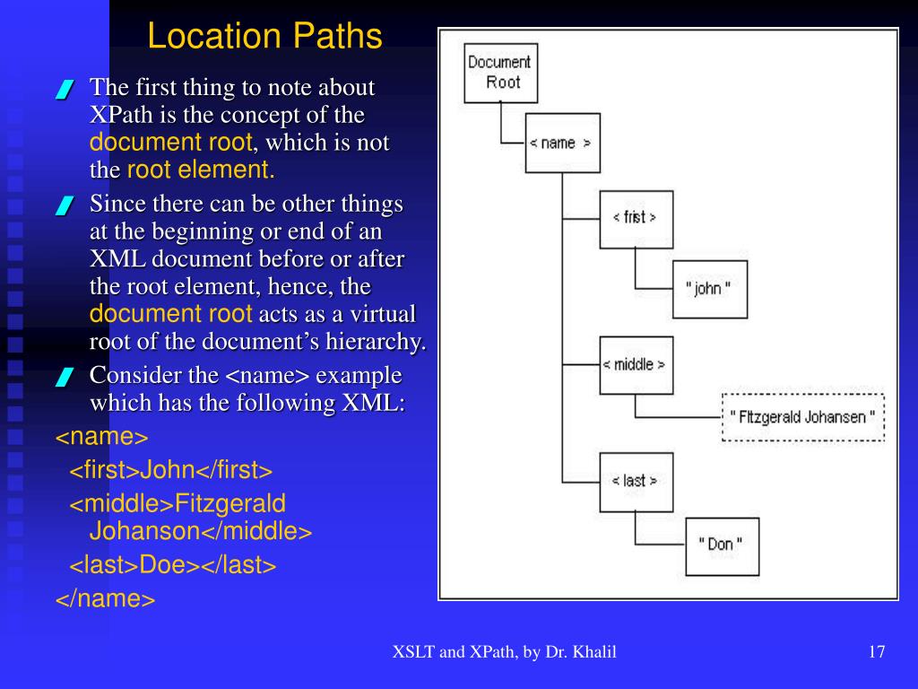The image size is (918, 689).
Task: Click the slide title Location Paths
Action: point(264,37)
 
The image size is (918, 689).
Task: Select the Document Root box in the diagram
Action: point(500,72)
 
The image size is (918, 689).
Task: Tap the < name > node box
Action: point(562,143)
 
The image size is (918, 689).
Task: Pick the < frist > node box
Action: point(636,218)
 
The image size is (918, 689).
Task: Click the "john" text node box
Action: point(709,289)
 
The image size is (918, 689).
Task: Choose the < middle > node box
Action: point(636,365)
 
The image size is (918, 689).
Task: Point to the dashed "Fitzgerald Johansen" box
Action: point(802,416)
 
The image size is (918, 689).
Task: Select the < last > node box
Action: point(636,482)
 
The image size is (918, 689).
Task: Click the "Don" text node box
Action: point(722,545)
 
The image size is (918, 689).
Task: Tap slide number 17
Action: point(877,652)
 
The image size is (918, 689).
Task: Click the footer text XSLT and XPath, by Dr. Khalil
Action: point(504,652)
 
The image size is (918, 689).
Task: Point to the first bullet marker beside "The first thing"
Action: point(63,91)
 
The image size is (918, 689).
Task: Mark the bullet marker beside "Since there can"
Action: point(63,206)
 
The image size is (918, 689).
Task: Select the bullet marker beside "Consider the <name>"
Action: point(63,378)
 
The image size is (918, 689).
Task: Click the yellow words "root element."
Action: point(201,170)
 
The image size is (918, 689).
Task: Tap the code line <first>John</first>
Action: point(171,470)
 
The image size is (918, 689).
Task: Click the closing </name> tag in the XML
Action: point(106,598)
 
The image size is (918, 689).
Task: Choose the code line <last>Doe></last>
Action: point(173,565)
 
